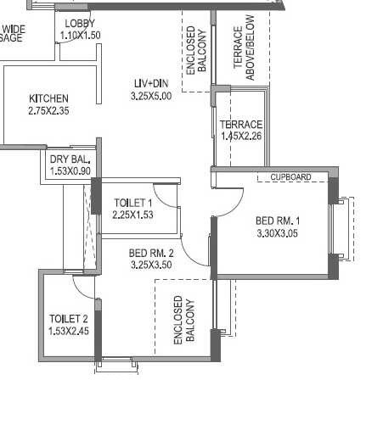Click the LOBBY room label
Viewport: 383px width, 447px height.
(80, 24)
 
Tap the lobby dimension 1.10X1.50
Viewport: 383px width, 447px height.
(80, 36)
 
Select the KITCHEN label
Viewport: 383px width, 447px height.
(48, 98)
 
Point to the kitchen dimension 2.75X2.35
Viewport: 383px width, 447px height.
(48, 110)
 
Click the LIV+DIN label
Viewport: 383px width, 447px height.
(151, 83)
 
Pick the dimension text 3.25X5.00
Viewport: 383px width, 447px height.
(151, 97)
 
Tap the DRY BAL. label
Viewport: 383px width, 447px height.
(70, 159)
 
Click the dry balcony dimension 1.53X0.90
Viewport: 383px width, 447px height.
(70, 170)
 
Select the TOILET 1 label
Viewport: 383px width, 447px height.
(132, 203)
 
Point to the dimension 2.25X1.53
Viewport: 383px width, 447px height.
(132, 215)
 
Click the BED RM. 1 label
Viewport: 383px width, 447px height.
(278, 222)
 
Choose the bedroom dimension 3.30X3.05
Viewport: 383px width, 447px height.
(278, 235)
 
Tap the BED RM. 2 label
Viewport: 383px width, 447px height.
(151, 253)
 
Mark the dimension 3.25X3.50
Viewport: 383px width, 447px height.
(151, 265)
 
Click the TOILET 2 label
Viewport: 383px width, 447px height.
(69, 319)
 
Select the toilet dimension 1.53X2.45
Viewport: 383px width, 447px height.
(69, 331)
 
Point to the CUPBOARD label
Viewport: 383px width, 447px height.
(290, 177)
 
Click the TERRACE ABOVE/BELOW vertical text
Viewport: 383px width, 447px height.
(245, 53)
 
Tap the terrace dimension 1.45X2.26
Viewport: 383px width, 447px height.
(241, 136)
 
